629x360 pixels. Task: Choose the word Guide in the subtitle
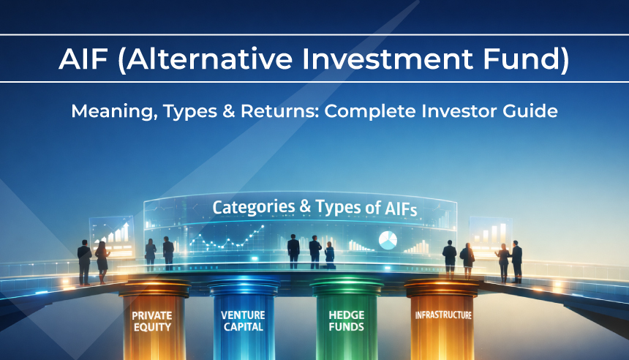pos(530,112)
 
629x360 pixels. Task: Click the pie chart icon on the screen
pos(388,239)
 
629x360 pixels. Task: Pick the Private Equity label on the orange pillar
pos(151,321)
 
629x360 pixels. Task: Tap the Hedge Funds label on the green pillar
pos(346,321)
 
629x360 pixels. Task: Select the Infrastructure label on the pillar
pos(442,315)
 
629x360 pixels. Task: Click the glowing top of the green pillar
pos(346,283)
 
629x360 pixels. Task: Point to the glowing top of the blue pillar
pos(243,283)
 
